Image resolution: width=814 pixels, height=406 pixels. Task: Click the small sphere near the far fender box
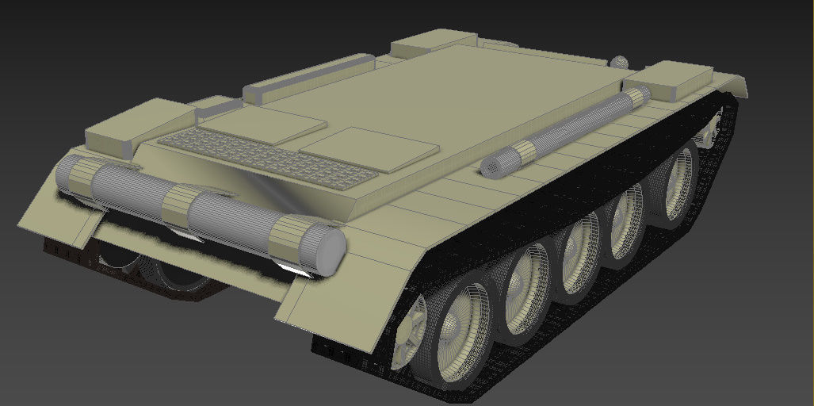tap(619, 62)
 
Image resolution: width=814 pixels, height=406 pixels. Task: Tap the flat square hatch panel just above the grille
tap(262, 124)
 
